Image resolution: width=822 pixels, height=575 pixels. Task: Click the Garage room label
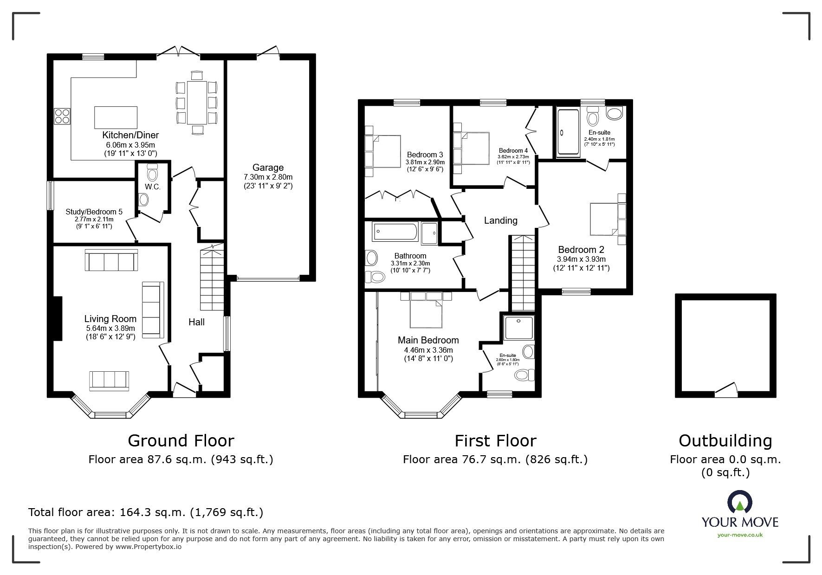(268, 168)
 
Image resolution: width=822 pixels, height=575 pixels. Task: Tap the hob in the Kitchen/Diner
(62, 116)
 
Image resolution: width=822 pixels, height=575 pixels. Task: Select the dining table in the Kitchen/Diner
(197, 103)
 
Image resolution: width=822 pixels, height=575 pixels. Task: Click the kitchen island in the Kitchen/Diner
(116, 117)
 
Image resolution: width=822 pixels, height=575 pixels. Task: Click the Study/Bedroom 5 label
(94, 212)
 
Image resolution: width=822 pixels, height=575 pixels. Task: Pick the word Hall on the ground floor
(196, 322)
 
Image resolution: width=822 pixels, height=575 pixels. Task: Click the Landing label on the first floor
(500, 220)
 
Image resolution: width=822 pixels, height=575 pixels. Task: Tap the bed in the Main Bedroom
(426, 309)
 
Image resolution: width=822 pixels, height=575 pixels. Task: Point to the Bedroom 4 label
(513, 150)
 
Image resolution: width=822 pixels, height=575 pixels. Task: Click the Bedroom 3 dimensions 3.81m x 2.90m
(425, 162)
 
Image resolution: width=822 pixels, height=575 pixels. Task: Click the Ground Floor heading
(181, 440)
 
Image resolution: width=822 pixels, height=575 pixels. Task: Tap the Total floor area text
(146, 512)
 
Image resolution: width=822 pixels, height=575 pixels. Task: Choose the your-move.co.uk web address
(740, 535)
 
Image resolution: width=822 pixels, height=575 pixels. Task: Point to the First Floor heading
(495, 440)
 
